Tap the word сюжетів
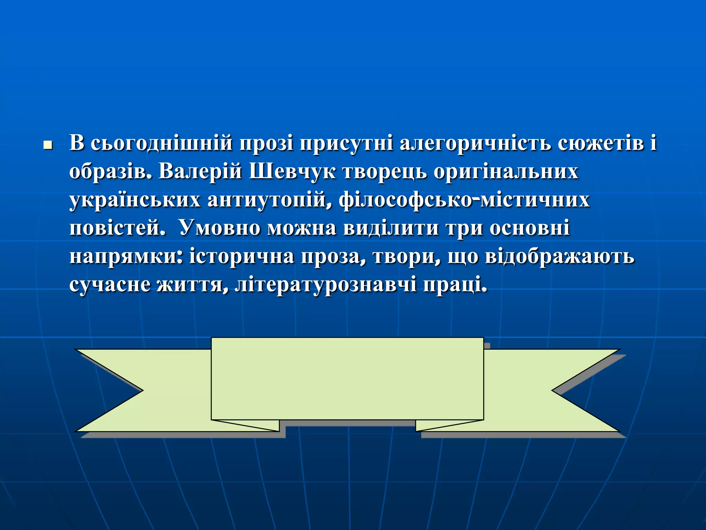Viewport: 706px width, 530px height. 601,143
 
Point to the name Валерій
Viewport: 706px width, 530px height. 200,171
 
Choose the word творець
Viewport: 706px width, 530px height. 384,171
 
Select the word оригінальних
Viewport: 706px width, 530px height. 506,171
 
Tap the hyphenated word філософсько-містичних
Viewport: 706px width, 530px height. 464,200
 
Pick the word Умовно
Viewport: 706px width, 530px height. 220,228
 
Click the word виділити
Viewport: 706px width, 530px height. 391,228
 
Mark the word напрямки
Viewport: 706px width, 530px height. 126,257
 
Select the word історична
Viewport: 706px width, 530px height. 242,257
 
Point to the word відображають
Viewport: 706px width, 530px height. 559,257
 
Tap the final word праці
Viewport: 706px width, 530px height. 455,285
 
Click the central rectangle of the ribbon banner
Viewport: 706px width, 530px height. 347,379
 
